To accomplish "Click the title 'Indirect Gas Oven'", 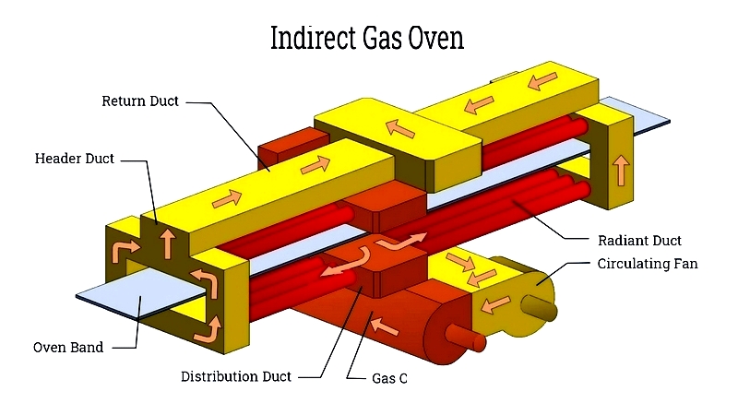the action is [x=367, y=38].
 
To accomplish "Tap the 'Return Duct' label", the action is [x=140, y=101].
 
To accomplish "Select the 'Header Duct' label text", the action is [x=75, y=159].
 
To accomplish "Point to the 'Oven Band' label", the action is [x=68, y=348].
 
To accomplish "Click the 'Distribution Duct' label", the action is [x=236, y=377].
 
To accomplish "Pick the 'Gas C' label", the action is [x=389, y=378].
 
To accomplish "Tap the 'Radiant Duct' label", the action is [x=639, y=241].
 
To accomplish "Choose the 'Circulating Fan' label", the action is [x=648, y=264].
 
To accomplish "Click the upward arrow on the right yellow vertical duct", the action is [x=621, y=171].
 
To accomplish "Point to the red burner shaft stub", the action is [x=466, y=337].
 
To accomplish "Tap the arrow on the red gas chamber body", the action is [x=384, y=326].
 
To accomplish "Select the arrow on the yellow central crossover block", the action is [x=399, y=128].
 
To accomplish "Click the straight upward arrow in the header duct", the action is [x=167, y=243].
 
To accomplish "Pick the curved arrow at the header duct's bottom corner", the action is [x=208, y=329].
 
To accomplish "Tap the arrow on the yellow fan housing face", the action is [x=495, y=304].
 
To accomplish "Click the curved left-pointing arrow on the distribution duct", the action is [x=349, y=264].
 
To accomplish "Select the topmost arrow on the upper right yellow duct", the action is [x=542, y=80].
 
